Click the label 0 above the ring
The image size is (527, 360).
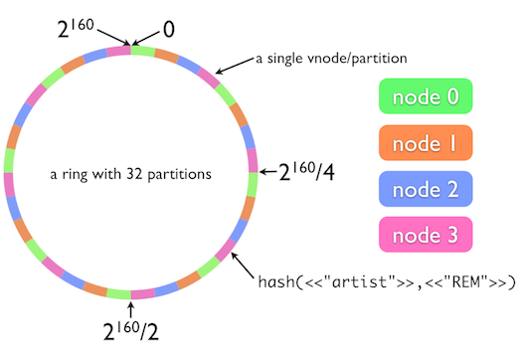tap(168, 30)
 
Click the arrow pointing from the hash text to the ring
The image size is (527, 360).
tap(243, 268)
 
